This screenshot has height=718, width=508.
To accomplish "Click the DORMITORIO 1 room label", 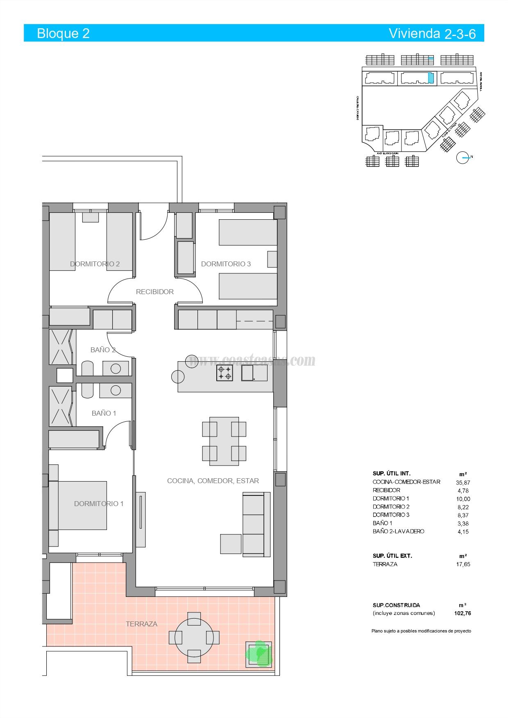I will [99, 504].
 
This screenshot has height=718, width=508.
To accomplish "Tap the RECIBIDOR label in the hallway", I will [155, 292].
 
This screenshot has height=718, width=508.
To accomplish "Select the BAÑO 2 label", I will [103, 350].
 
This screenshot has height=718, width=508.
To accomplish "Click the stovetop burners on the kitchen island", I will [225, 373].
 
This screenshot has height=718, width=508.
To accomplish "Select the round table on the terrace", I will [194, 637].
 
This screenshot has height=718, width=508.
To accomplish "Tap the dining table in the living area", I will [224, 441].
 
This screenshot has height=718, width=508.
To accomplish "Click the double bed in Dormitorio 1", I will [82, 505].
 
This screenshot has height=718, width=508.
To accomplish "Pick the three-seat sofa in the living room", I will [256, 525].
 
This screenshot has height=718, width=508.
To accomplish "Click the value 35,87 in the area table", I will [463, 482].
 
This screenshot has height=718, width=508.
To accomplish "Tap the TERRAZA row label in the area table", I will [385, 564].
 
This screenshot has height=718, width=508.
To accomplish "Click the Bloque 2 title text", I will [63, 33].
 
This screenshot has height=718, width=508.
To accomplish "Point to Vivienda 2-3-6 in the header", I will [432, 34].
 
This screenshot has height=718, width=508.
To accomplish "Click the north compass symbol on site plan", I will [463, 158].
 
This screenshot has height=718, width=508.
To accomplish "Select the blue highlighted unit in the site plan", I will [431, 77].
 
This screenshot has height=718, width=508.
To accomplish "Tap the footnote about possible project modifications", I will [421, 631].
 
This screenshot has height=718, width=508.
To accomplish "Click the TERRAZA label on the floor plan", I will [141, 624].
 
